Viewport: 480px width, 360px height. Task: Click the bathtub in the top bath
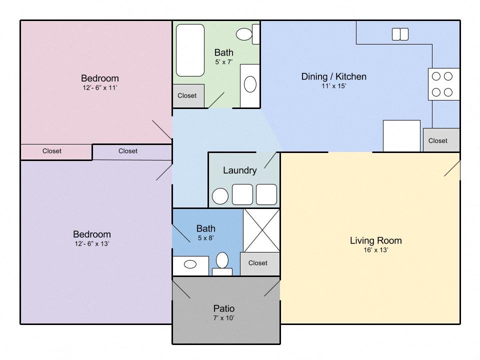tap(190, 50)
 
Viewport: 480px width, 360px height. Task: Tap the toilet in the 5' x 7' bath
tap(247, 34)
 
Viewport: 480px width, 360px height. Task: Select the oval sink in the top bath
tap(250, 84)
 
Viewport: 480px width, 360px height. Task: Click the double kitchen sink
tap(400, 34)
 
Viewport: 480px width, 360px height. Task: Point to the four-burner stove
tap(443, 84)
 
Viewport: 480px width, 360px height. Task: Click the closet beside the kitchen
tap(441, 140)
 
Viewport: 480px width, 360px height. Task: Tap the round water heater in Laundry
tap(220, 196)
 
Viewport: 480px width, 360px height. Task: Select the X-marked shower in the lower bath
tap(261, 230)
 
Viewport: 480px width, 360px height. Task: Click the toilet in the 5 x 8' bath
tap(222, 264)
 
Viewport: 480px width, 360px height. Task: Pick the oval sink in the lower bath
tap(190, 264)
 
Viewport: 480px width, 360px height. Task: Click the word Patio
tap(224, 308)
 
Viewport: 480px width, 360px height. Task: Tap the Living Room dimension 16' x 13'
tap(376, 250)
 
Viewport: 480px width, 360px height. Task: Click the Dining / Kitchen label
tap(333, 76)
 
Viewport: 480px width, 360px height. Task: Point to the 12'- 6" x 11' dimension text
tap(100, 87)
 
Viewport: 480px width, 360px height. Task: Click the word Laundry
tap(239, 170)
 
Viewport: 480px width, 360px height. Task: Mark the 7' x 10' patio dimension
tap(224, 318)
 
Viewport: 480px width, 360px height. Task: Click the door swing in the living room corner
tap(452, 168)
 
